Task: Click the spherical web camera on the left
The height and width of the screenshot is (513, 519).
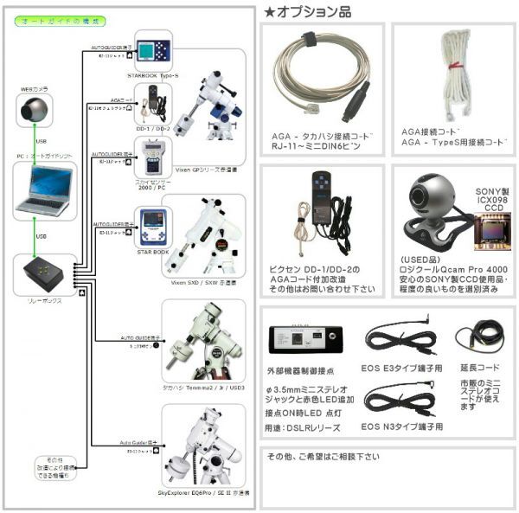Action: pos(35,112)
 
